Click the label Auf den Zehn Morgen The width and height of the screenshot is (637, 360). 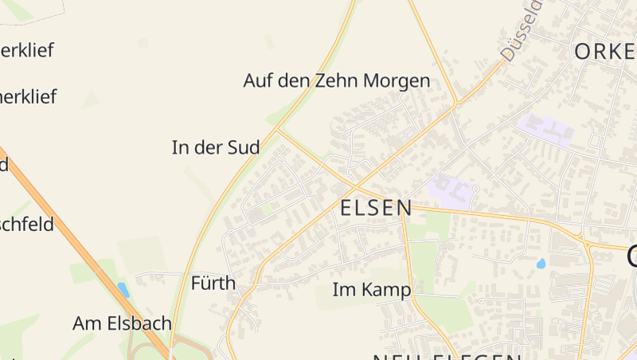coord(336,80)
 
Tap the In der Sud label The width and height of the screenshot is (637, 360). coord(216,147)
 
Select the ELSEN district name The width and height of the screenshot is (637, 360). coord(377,209)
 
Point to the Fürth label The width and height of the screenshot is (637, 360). coord(213,283)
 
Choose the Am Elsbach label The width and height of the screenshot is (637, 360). coord(122,323)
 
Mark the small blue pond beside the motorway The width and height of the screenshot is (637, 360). coord(123,289)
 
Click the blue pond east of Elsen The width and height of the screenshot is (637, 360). coord(541,263)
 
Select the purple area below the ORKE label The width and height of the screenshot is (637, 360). coord(545,128)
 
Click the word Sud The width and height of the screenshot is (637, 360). coord(242,147)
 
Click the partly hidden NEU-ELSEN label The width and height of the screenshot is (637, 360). coord(446,355)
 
